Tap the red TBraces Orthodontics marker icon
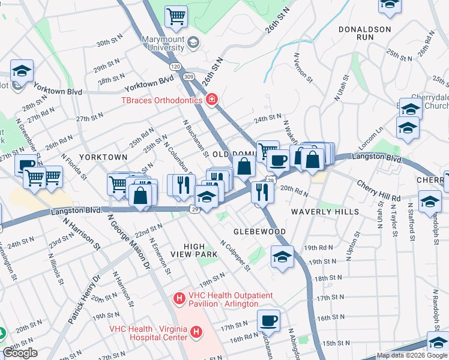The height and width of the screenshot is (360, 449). pyautogui.click(x=211, y=100)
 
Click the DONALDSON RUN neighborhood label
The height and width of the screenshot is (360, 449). pyautogui.click(x=364, y=33)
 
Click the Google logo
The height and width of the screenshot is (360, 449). pyautogui.click(x=20, y=353)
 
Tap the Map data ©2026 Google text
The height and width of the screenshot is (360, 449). pyautogui.click(x=411, y=355)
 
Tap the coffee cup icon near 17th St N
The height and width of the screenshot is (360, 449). pyautogui.click(x=268, y=320)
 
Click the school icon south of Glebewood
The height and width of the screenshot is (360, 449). pyautogui.click(x=282, y=257)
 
